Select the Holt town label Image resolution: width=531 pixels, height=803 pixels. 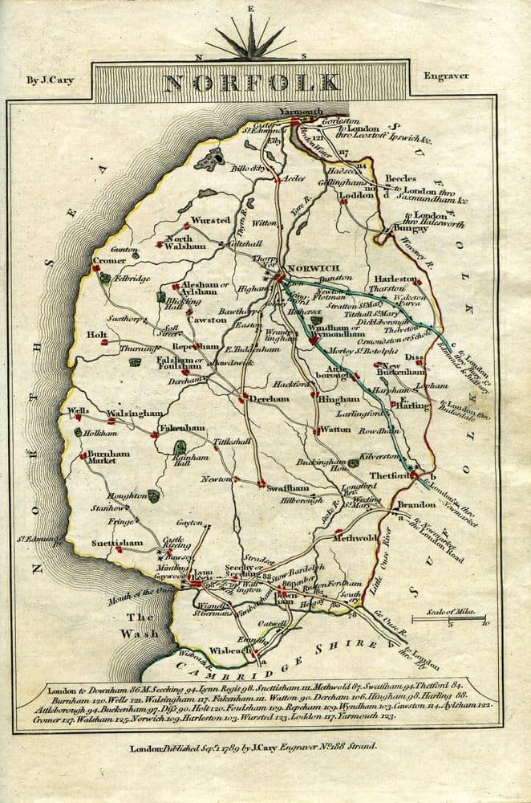pos(97,336)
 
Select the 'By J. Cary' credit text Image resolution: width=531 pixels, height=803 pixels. pos(44,79)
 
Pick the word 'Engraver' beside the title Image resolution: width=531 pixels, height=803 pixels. pos(447,76)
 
